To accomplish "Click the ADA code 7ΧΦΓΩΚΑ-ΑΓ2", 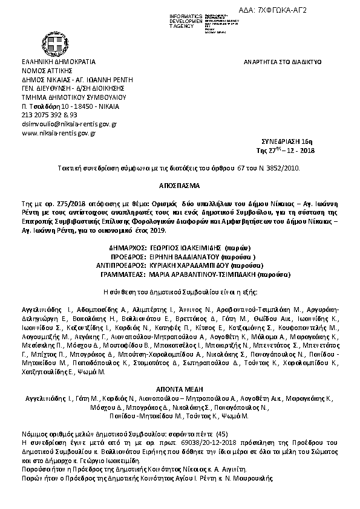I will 312,11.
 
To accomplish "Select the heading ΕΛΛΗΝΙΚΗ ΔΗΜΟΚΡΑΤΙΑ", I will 58,62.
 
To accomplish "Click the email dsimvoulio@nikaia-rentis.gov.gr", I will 69,123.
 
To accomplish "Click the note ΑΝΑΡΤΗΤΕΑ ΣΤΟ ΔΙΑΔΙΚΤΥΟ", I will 282,62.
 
